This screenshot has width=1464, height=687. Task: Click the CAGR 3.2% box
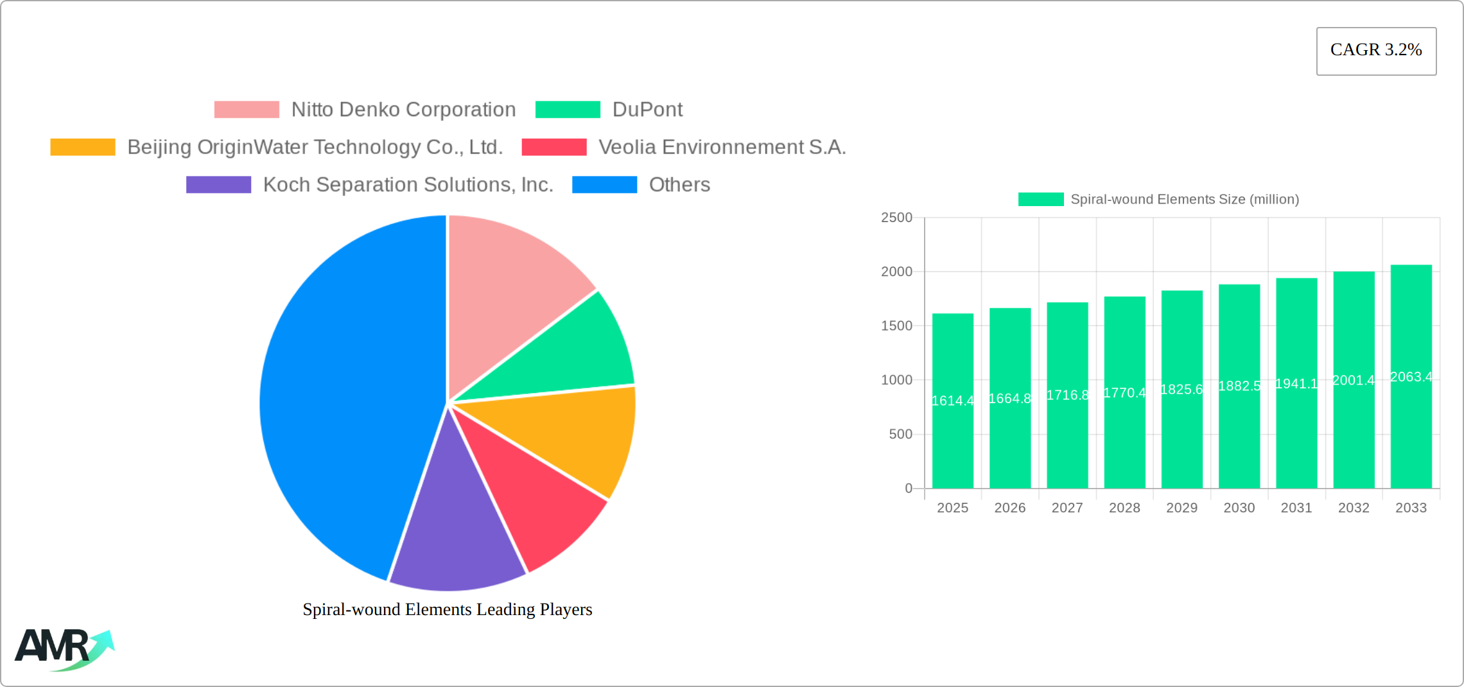pos(1376,51)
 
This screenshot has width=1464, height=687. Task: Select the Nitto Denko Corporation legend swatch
pos(247,110)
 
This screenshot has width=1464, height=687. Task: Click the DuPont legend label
pos(647,110)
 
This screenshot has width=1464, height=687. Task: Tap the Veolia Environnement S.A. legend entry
pos(722,147)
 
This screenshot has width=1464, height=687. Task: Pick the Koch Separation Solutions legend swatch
pos(218,185)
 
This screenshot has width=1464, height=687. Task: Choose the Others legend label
pos(679,185)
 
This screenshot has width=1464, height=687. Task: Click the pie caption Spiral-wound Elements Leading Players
pos(447,609)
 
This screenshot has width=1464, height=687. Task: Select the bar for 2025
pos(952,437)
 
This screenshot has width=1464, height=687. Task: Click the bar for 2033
pos(1411,437)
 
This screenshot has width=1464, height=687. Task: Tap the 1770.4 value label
pos(1124,393)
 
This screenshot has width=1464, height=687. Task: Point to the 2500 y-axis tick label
pos(896,218)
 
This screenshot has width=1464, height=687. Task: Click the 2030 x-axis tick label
pos(1239,508)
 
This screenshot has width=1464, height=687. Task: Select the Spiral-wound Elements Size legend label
pos(1185,200)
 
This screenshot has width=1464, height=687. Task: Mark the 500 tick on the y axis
pos(900,435)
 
